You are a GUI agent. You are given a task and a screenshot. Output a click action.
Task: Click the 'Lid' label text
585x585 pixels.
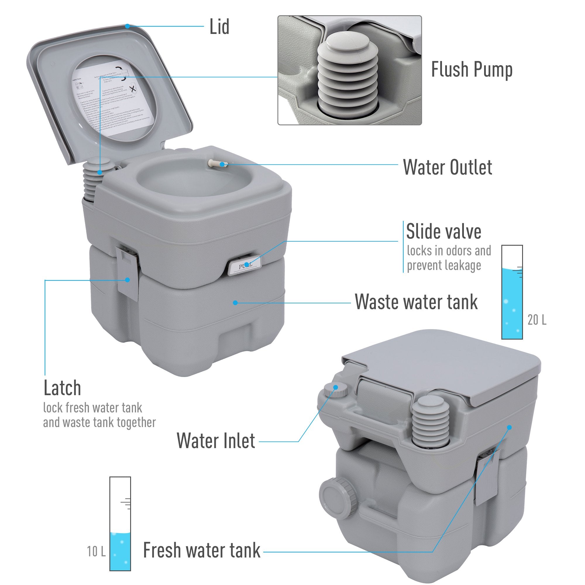point(219,27)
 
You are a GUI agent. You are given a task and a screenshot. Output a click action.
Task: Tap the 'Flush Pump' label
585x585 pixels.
point(472,70)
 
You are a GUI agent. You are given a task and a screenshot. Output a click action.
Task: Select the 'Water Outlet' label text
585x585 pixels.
point(448,167)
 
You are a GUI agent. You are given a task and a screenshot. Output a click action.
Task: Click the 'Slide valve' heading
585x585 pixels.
point(444,232)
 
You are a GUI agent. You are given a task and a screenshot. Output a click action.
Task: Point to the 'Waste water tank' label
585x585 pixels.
point(416,302)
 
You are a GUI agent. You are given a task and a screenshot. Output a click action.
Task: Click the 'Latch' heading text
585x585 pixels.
point(62,388)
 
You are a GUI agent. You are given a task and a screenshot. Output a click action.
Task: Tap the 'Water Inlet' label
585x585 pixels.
point(216,441)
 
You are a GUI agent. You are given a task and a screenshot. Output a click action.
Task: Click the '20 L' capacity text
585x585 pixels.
point(537,320)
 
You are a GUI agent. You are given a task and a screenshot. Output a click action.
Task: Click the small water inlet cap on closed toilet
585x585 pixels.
point(335,389)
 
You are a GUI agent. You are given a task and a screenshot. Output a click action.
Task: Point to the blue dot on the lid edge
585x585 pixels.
point(128,26)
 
